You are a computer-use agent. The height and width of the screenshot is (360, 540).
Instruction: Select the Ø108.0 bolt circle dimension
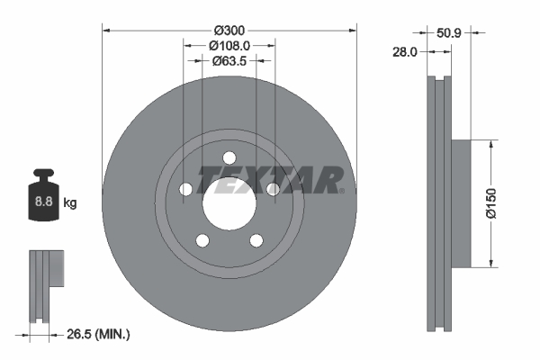pos(229,44)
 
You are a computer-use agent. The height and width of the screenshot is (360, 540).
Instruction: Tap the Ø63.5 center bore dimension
pos(229,61)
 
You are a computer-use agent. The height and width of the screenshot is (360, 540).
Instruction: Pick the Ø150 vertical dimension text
pos(491,202)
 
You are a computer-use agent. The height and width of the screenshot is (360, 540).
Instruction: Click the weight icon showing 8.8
pos(43,200)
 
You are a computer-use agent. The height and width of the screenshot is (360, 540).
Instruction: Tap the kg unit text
pos(70,203)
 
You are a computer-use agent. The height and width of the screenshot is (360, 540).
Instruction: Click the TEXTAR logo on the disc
pos(269,178)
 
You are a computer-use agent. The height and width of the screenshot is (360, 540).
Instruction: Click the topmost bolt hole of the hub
pos(229,155)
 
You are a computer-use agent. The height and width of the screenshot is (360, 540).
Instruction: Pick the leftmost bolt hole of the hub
pos(186,188)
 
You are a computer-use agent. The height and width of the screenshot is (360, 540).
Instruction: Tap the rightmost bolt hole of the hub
pos(273,188)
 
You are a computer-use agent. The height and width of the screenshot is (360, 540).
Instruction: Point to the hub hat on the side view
pos(459,202)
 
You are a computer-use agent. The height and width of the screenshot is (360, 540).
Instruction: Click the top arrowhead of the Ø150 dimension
pos(491,143)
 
